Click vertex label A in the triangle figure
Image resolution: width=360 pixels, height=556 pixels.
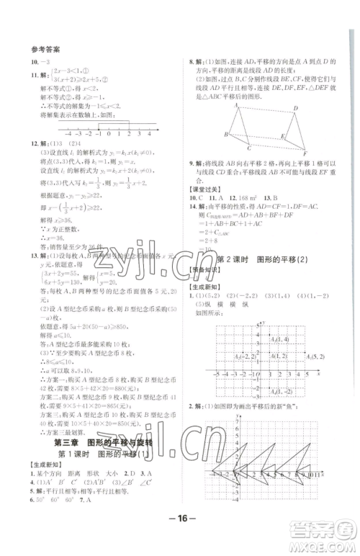pos(235,104)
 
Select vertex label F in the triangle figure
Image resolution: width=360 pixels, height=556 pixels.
pos(305,153)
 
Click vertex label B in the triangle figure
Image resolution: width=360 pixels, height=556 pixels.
pos(225,135)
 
